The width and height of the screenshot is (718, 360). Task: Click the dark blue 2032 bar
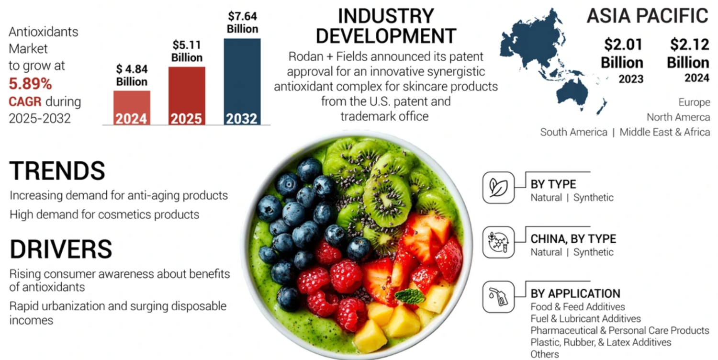(x=242, y=81)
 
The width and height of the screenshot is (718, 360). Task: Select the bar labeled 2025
(x=187, y=95)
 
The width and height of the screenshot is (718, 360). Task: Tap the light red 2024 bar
(x=132, y=107)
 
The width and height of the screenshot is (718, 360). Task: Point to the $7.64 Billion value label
(x=242, y=22)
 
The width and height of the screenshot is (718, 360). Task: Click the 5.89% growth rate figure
(x=30, y=84)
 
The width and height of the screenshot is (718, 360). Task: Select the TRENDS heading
(x=57, y=170)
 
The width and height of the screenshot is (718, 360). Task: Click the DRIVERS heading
(x=61, y=249)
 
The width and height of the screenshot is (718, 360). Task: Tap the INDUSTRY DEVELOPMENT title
(x=386, y=26)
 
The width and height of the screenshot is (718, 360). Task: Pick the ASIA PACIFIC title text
(x=647, y=16)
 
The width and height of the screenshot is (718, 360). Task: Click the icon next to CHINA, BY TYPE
(x=498, y=242)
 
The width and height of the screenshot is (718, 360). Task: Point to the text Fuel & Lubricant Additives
(x=585, y=318)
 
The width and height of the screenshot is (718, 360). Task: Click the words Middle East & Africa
(x=664, y=132)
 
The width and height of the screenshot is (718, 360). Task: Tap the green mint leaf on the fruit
(x=410, y=296)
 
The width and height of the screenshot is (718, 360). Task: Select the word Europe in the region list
(x=694, y=102)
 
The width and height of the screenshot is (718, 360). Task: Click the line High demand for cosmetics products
(x=104, y=214)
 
